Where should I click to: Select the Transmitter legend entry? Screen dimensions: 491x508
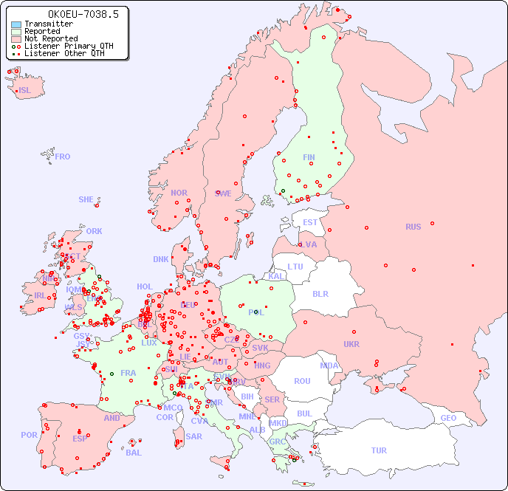[48, 24]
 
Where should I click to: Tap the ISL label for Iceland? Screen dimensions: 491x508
[25, 91]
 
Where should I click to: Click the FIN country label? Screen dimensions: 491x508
[309, 157]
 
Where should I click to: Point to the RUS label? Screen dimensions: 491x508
[413, 227]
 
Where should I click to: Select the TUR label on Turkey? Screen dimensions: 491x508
[379, 450]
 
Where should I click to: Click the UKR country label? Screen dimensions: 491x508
[351, 344]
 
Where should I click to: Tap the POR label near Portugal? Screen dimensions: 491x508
[29, 435]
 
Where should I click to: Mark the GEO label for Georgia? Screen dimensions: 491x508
[448, 418]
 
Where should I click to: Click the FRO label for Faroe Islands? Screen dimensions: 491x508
[63, 157]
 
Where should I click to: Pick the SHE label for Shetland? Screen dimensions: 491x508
[86, 199]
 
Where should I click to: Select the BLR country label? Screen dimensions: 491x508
[320, 293]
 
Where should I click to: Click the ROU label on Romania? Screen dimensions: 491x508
[302, 381]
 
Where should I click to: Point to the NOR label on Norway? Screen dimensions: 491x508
[179, 193]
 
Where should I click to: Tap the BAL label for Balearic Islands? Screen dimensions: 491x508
[133, 453]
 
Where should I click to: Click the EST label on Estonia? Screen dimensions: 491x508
[310, 222]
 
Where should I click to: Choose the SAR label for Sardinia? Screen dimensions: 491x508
[193, 436]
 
